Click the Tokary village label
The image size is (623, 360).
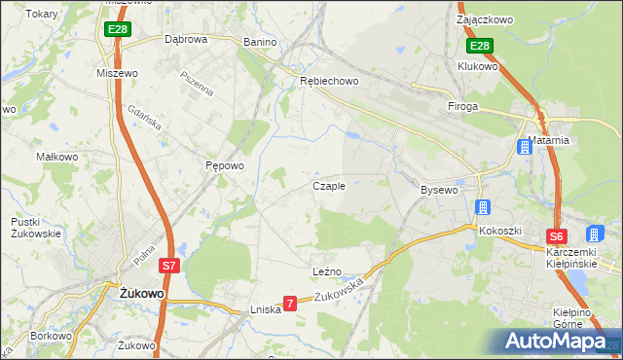[42, 14]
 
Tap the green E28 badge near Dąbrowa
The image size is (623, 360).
[117, 30]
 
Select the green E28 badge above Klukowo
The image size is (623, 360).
[479, 46]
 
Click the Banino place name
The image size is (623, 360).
[260, 42]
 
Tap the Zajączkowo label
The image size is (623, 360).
[485, 18]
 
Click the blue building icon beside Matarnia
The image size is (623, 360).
[524, 148]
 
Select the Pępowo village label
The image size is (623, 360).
[224, 165]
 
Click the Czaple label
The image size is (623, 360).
[328, 185]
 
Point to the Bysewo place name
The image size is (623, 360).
[439, 190]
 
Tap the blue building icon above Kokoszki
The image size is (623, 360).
[482, 207]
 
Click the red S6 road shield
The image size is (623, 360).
[555, 236]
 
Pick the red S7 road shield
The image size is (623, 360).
[168, 265]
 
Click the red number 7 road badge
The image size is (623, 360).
[289, 305]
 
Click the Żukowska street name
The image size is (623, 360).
[341, 289]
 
